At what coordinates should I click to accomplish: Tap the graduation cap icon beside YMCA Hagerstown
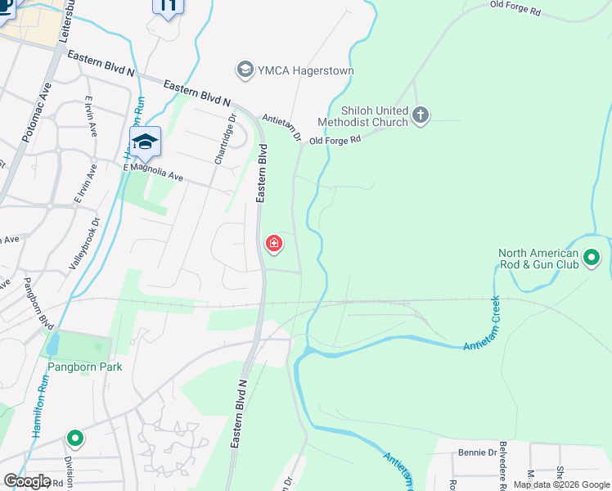coord(245,70)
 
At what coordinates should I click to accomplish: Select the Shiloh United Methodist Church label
coord(362,115)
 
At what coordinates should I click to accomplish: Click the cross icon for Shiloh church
coord(421,115)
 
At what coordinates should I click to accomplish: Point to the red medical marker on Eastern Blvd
coord(273,244)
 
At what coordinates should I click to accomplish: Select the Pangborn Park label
coord(84,367)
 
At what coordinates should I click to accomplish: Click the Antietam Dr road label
coord(281,128)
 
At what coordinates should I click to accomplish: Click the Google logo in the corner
coord(28,481)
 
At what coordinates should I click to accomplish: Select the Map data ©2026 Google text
coord(560,484)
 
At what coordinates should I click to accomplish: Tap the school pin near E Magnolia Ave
coord(145,142)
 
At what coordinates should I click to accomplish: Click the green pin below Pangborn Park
coord(75,439)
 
